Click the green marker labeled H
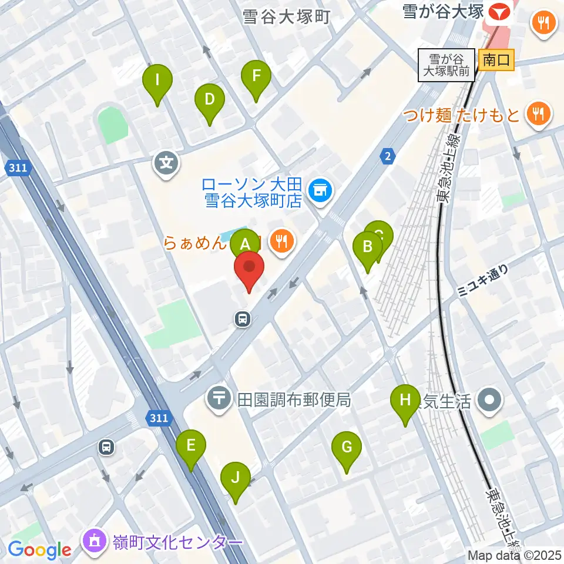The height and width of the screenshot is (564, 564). tap(405, 402)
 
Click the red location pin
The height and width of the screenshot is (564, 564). tap(249, 268)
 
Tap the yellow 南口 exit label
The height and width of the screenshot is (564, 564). tap(496, 59)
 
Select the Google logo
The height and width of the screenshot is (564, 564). tap(39, 549)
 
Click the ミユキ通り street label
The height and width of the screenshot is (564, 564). tap(482, 278)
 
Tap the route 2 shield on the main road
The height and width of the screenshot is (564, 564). tap(387, 156)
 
